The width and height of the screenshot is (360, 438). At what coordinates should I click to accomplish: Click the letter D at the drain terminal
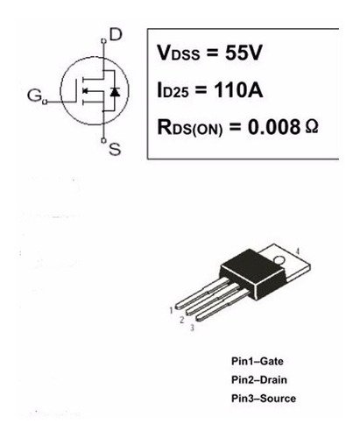coord(116,35)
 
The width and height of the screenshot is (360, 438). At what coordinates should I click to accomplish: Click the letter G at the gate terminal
coord(34,95)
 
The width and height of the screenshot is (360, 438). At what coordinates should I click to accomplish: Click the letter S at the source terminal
coord(115,149)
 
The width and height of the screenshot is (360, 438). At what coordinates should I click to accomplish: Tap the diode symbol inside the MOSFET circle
coord(115,92)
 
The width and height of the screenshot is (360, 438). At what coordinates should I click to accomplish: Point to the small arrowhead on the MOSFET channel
coord(85,91)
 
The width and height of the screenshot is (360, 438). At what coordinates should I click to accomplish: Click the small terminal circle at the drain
coord(103,41)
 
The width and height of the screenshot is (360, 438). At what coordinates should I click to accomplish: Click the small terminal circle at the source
coord(103,140)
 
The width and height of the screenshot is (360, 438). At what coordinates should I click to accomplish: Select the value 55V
coord(244,53)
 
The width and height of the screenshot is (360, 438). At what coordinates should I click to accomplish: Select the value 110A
coord(238,89)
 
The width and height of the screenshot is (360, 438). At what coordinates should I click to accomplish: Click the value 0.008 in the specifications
coord(274,127)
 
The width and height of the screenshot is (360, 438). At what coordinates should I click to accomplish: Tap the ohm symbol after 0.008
coord(312,127)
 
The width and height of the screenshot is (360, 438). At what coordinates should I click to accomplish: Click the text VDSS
coord(179,53)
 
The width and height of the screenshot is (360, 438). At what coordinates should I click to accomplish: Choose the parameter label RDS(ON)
coord(190,128)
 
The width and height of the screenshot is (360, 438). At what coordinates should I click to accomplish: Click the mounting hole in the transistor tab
coord(279,259)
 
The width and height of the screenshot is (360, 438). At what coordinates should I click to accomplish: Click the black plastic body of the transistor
coord(253,273)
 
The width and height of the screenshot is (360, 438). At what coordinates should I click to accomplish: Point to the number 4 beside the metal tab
coord(298,251)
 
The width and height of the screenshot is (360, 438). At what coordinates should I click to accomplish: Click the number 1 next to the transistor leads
coord(171,310)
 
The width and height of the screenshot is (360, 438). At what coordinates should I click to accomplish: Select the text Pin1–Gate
coord(258,361)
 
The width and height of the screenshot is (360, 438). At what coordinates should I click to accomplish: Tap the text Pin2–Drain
coord(259,380)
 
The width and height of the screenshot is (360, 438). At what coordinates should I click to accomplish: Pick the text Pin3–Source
coord(264,399)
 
